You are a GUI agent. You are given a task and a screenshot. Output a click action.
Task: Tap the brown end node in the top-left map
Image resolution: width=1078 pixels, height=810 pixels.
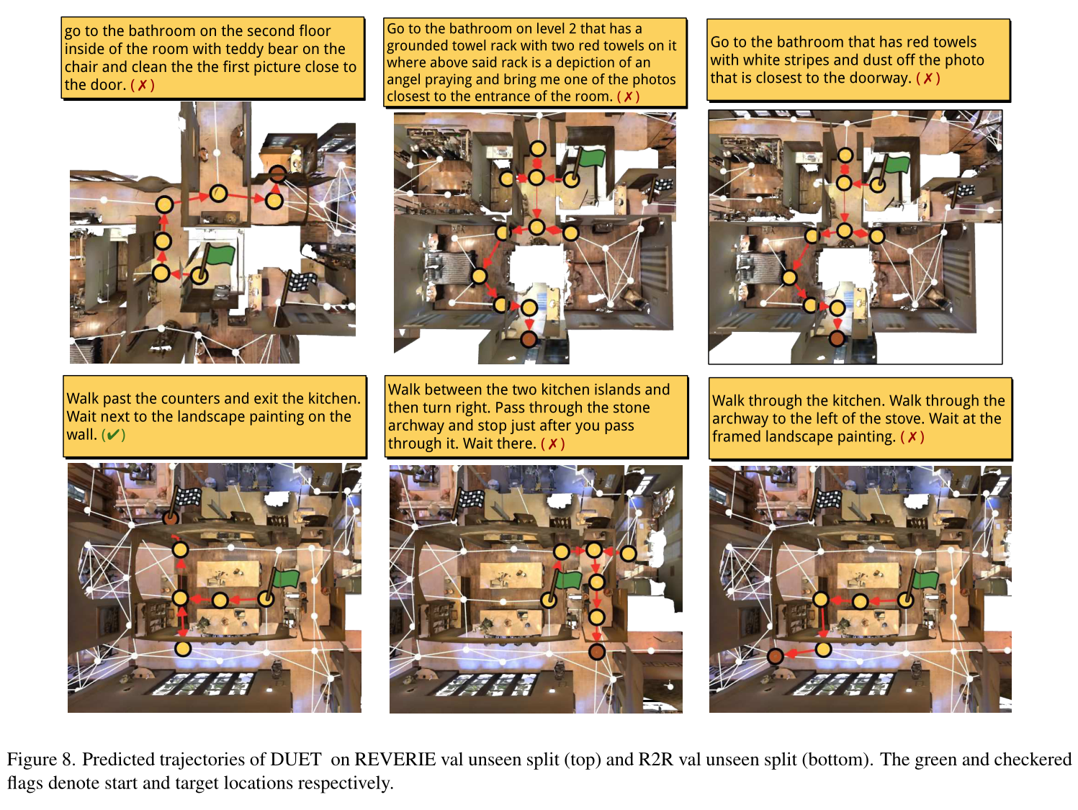point(278,174)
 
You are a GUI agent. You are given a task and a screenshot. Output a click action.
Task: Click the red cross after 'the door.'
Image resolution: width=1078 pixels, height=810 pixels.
point(143,86)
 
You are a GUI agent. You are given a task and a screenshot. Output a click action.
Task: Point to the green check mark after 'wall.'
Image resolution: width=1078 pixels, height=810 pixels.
point(113,435)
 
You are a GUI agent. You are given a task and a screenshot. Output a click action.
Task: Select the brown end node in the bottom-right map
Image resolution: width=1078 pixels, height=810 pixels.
point(775,656)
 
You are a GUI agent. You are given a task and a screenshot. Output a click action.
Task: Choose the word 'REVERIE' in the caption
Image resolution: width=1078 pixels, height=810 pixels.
point(395,760)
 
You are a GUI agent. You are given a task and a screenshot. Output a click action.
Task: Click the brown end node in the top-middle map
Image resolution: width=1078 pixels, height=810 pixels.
point(529,339)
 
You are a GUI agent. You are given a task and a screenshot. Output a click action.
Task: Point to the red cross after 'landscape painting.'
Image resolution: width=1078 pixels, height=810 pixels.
point(912,437)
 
